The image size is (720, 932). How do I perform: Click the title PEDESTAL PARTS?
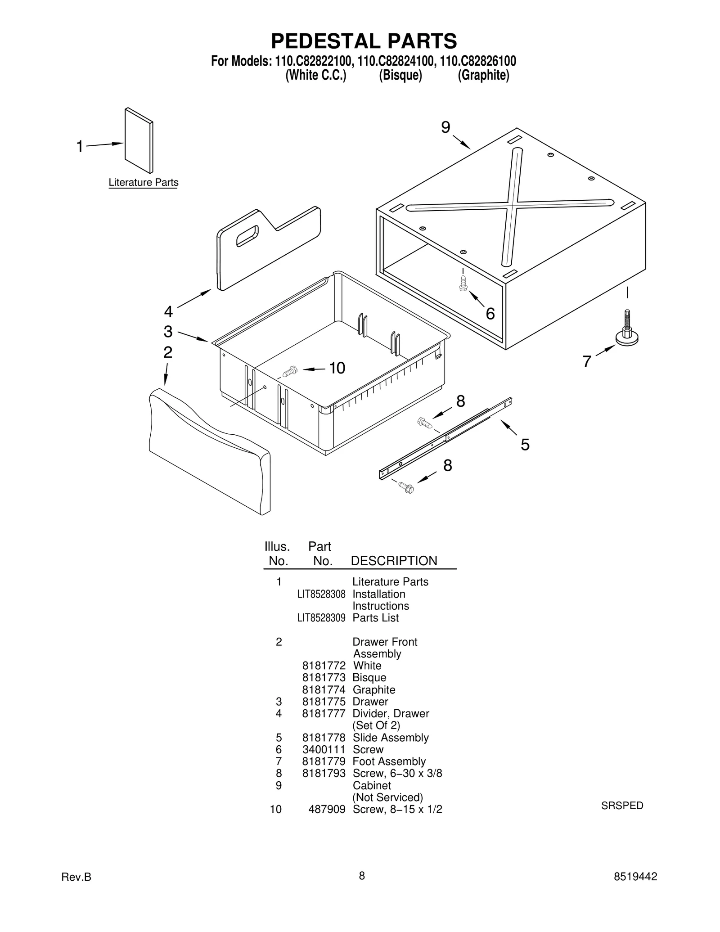click(364, 41)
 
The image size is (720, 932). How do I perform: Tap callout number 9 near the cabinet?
click(445, 128)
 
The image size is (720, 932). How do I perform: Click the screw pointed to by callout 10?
click(290, 371)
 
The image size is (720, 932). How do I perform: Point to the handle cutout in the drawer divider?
click(247, 235)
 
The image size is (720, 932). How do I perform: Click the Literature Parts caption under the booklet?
click(144, 183)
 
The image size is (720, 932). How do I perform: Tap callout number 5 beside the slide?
click(525, 445)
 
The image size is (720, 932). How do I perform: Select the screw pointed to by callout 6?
click(463, 283)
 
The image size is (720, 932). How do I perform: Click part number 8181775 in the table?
click(324, 702)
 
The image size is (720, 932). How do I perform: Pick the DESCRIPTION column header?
click(394, 561)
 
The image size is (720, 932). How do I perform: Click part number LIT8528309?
click(321, 618)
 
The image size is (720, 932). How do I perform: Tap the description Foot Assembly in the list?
click(389, 761)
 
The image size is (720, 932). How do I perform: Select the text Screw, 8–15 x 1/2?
click(397, 809)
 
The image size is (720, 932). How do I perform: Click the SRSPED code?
click(622, 806)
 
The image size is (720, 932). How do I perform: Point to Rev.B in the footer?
click(76, 877)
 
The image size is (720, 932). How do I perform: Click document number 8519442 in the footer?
click(635, 876)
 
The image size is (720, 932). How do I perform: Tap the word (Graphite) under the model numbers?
click(483, 75)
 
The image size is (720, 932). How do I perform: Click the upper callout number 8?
click(460, 401)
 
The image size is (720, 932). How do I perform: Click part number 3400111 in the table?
click(324, 749)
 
